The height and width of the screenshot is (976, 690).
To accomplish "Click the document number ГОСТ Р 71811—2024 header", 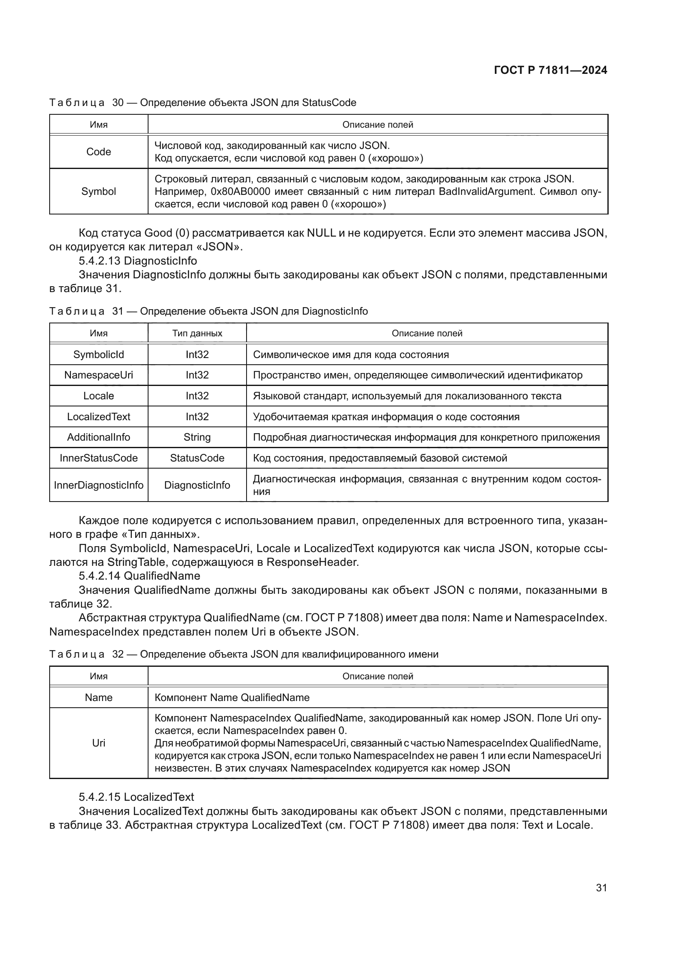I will pos(550,70).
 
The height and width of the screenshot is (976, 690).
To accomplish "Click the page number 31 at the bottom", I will pos(601,888).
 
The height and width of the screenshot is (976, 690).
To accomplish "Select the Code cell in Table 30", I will pos(98,152).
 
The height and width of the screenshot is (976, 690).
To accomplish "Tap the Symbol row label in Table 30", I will pos(98,191).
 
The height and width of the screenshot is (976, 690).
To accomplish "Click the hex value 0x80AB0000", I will pos(240,191).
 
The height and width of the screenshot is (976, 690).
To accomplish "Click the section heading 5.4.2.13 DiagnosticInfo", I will pos(138,260).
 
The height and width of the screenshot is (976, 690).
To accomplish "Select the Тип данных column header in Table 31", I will pos(197,333).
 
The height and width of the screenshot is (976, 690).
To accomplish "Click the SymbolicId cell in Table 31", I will pos(98,355).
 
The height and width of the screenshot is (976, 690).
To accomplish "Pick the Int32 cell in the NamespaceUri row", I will pos(197,375).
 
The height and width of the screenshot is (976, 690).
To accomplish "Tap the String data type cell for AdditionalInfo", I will pos(197,437).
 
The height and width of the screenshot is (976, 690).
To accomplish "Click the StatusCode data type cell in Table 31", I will pos(197,458).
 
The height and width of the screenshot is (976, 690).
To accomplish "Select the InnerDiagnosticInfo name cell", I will pos(98,485).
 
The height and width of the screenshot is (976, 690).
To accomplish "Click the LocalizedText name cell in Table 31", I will pos(98,416).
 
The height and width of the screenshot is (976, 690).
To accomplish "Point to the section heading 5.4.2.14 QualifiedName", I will pos(139,576).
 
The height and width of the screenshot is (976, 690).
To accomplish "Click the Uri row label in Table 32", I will pos(98,743).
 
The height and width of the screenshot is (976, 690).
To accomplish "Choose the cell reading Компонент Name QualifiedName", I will pos(232,697).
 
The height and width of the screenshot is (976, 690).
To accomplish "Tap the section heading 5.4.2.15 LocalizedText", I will pos(136,797).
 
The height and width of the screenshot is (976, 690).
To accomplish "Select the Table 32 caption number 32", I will pos(118,654).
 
